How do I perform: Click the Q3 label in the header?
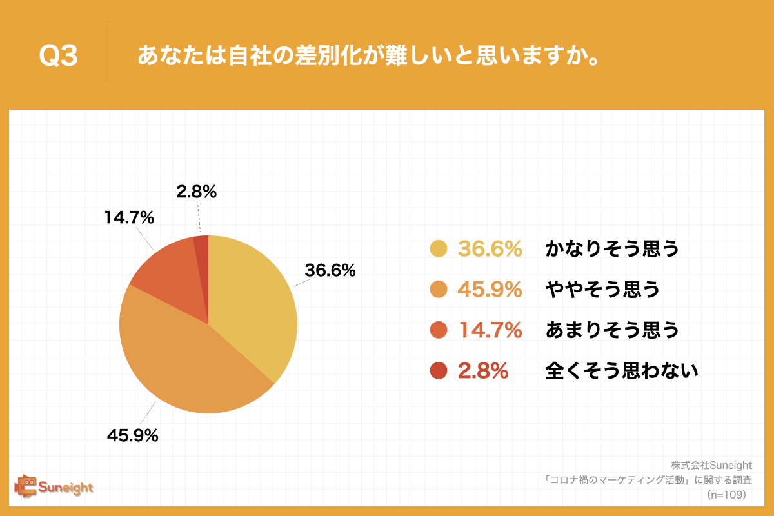pyautogui.click(x=58, y=56)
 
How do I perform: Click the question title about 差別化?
pyautogui.click(x=366, y=56)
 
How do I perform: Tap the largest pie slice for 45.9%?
pyautogui.click(x=187, y=361)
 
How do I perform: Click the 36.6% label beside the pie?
pyautogui.click(x=330, y=271)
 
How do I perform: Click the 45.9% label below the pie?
pyautogui.click(x=133, y=435)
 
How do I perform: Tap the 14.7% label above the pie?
pyautogui.click(x=129, y=217)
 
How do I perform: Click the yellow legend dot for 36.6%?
pyautogui.click(x=438, y=249)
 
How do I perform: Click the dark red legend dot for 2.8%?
pyautogui.click(x=438, y=371)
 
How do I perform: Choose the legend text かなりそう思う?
pyautogui.click(x=613, y=249)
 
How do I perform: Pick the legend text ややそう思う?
pyautogui.click(x=602, y=290)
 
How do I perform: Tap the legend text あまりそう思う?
pyautogui.click(x=613, y=330)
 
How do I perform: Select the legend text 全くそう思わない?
pyautogui.click(x=622, y=371)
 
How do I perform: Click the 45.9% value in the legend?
pyautogui.click(x=490, y=290)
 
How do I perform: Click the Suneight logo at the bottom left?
pyautogui.click(x=54, y=486)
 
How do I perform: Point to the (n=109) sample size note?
pyautogui.click(x=726, y=495)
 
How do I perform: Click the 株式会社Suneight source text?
pyautogui.click(x=711, y=465)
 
